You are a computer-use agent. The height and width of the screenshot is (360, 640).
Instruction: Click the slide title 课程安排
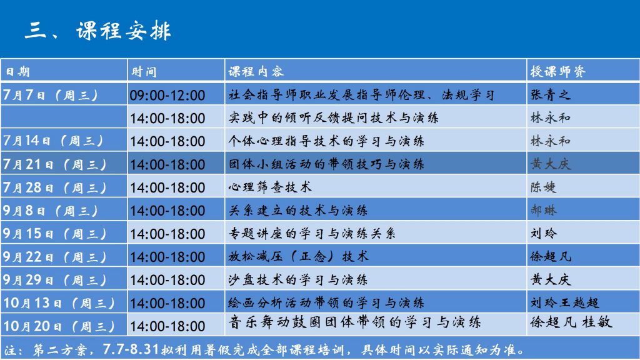tap(124, 31)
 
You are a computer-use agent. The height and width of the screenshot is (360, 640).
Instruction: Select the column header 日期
tap(17, 72)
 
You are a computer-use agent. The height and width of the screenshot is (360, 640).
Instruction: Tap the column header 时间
tap(144, 72)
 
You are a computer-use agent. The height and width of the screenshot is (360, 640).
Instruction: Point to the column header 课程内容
tap(256, 71)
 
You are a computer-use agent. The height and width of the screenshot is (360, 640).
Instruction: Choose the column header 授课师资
tap(558, 71)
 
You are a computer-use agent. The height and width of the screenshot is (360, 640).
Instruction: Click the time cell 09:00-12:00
tap(167, 95)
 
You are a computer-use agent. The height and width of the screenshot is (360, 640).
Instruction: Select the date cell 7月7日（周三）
tap(51, 95)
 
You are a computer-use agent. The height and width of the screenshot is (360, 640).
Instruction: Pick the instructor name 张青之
tap(550, 95)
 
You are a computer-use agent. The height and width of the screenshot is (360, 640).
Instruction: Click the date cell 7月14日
tap(53, 141)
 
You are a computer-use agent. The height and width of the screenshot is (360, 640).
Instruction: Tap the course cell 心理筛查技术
tap(270, 187)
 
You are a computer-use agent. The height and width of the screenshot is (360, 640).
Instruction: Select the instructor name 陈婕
tap(543, 187)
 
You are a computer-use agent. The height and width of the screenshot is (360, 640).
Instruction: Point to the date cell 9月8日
tap(51, 210)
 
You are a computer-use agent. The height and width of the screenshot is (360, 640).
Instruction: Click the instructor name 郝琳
tap(543, 210)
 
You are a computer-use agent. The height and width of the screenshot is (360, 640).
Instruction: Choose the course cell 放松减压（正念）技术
tap(298, 256)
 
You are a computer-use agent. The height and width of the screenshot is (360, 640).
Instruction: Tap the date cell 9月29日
tap(54, 279)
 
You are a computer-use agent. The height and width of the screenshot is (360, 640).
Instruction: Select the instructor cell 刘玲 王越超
tap(564, 302)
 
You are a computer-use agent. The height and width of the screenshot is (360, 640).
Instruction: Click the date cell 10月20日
tap(59, 326)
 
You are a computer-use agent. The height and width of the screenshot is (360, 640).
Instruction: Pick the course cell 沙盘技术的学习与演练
tap(298, 279)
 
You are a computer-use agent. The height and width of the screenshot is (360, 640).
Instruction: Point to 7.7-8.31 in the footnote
tap(131, 349)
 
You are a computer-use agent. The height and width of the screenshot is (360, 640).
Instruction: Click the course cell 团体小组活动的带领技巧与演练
tap(326, 164)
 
